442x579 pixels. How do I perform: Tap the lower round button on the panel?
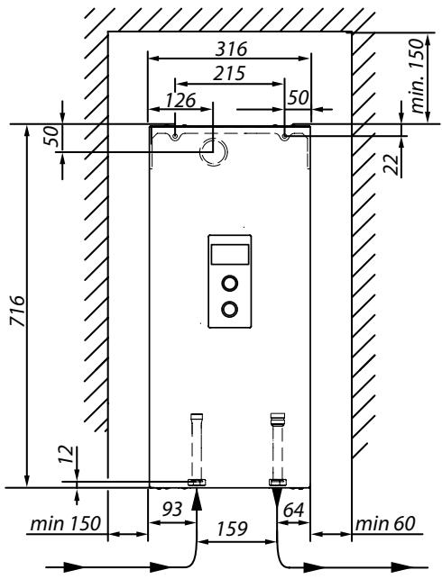(229, 309)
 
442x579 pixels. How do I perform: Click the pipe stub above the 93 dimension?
(196, 445)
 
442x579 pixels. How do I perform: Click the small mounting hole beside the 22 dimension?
(286, 136)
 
